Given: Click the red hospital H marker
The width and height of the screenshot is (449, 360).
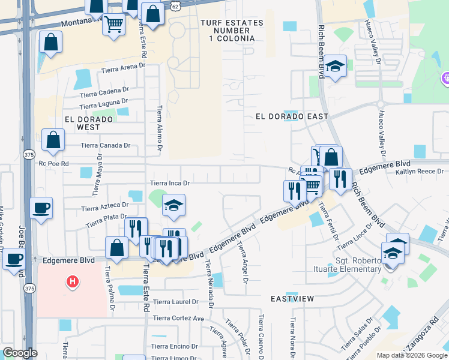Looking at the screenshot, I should [x=72, y=281].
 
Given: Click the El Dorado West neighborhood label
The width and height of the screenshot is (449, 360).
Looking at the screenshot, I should [x=88, y=123].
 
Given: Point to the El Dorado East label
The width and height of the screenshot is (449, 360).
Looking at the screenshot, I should [x=292, y=116].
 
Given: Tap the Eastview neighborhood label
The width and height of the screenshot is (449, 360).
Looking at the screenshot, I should [x=292, y=298].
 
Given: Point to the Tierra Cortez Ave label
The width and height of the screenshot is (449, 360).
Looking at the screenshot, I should [x=179, y=318].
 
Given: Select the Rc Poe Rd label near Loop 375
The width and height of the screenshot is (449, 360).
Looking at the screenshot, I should [x=54, y=163].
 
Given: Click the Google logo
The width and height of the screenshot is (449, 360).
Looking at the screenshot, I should [x=20, y=352].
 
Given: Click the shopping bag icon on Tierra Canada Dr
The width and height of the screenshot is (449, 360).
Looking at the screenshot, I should [x=53, y=140].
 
